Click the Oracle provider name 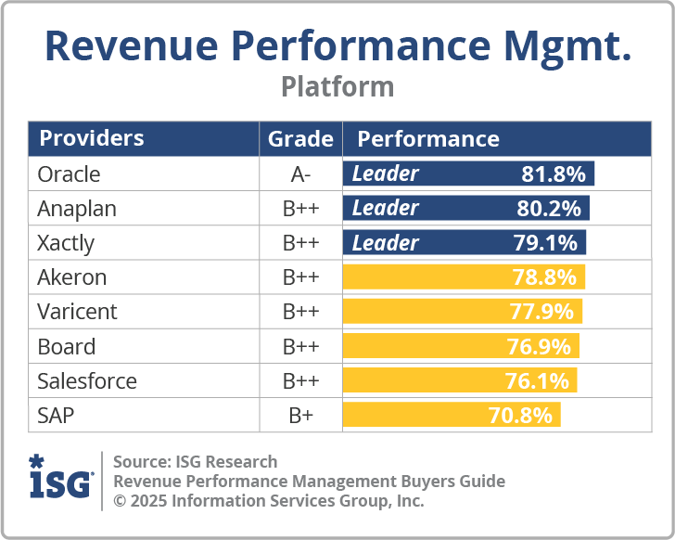(69, 174)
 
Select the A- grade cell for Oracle (300, 174)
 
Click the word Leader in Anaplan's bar (386, 209)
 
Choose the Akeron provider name (71, 277)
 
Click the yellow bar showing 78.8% (464, 277)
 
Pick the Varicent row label (77, 312)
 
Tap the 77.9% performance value (541, 312)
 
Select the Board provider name (66, 346)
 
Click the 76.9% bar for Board (461, 346)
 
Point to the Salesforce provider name (87, 380)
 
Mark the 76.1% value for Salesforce (539, 380)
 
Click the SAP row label (57, 415)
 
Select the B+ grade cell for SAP (300, 415)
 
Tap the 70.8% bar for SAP (452, 415)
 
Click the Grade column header (300, 139)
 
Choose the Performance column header (428, 139)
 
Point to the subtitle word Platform (337, 86)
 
